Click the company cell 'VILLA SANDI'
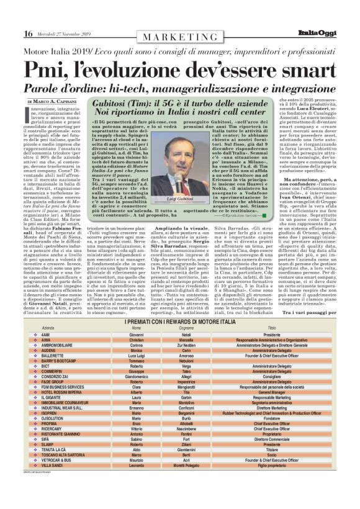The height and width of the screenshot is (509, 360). coord(52,482)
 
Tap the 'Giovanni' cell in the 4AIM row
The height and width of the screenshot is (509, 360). coord(136,334)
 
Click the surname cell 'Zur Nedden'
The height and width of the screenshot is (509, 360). coord(186,345)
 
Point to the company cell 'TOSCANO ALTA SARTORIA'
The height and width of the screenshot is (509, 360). coord(63,471)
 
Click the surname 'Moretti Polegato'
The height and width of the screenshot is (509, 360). coord(186,482)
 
